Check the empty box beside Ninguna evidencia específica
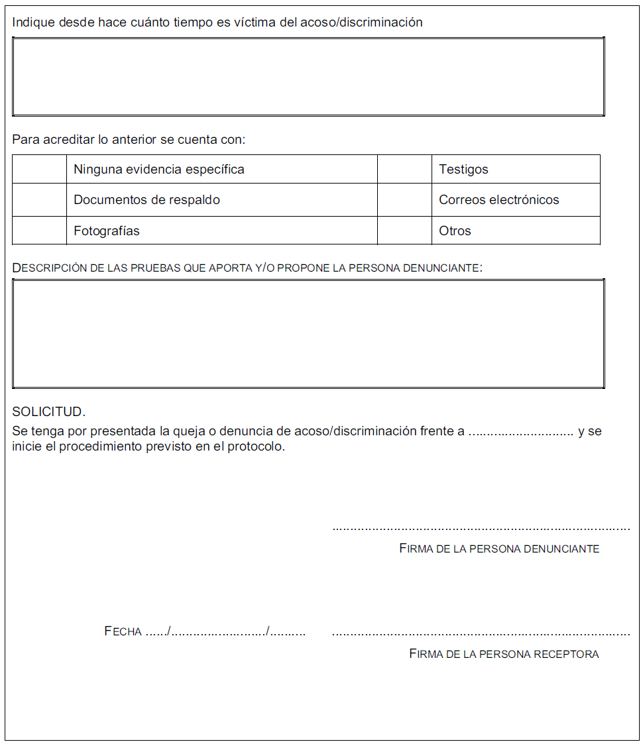click(39, 169)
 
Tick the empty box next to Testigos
click(404, 169)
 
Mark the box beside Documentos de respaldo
click(39, 199)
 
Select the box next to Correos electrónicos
click(404, 199)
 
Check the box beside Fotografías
click(39, 231)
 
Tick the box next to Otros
click(404, 231)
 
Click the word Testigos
click(463, 170)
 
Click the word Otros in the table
click(455, 231)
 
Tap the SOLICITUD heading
click(48, 411)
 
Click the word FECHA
click(123, 631)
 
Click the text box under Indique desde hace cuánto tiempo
click(308, 77)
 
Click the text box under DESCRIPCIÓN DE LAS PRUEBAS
click(308, 333)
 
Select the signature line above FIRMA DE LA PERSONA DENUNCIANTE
click(481, 529)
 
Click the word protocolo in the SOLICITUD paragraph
click(256, 447)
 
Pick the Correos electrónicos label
click(498, 200)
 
